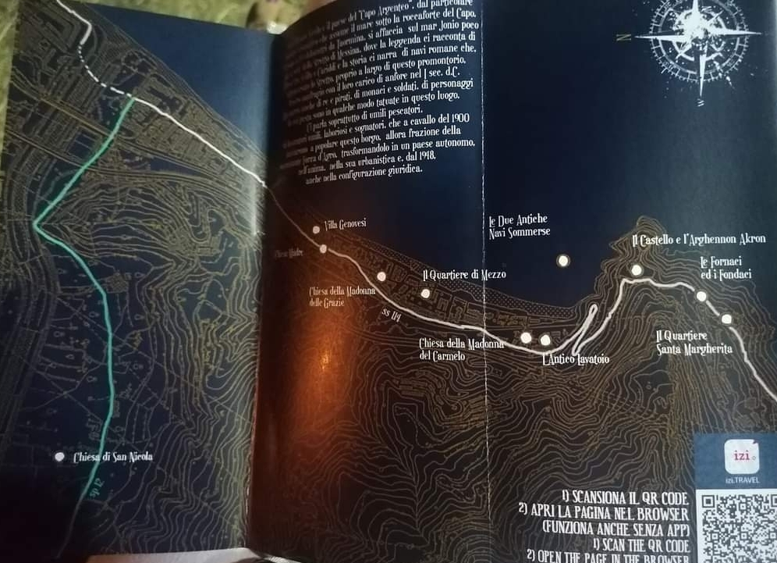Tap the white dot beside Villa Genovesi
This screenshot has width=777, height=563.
316,230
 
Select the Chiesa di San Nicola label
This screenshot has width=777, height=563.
112,458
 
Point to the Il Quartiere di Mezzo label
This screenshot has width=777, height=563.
463,275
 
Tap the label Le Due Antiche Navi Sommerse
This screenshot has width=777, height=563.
519,226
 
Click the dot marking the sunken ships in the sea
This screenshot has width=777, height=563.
562,261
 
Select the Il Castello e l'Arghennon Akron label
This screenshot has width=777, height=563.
699,240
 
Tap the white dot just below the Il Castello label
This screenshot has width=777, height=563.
637,270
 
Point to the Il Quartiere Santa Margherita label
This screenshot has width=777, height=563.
694,342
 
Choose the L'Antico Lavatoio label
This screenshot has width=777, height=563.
575,359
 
